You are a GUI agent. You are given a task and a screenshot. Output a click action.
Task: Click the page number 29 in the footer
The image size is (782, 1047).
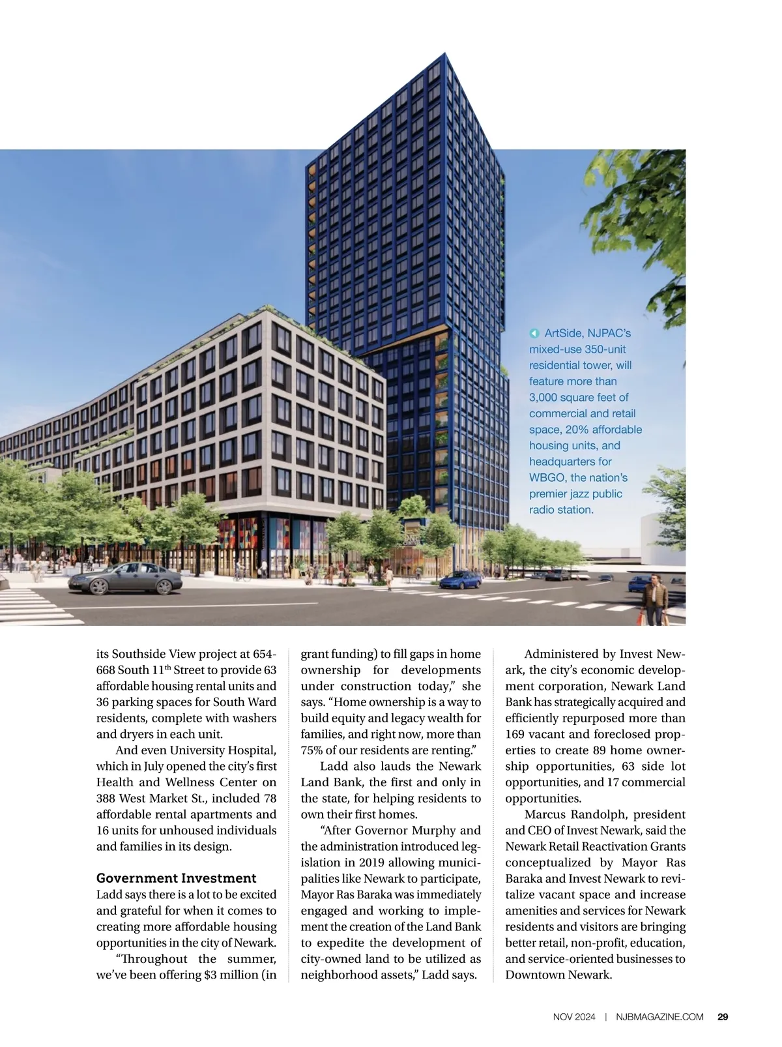click(x=723, y=1016)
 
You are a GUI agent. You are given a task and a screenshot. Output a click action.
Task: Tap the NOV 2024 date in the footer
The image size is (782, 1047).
click(x=574, y=1016)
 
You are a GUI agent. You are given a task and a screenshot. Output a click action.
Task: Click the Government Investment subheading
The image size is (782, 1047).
click(x=176, y=878)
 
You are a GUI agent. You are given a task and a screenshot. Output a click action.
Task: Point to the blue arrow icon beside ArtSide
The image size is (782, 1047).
click(x=534, y=334)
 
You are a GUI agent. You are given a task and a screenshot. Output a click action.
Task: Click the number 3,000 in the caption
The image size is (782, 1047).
click(x=543, y=398)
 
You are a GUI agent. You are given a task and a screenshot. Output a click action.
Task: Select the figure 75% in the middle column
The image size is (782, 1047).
click(x=311, y=750)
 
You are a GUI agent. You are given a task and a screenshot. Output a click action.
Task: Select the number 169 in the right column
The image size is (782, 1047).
click(x=515, y=735)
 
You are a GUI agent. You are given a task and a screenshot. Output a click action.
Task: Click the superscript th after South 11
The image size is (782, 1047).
click(x=168, y=667)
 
